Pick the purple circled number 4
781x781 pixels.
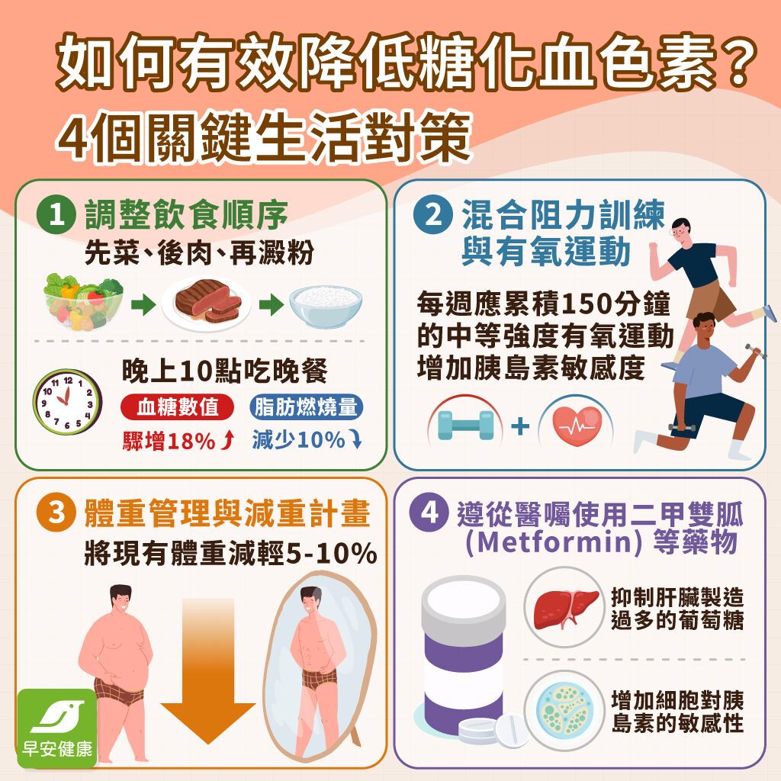(429, 513)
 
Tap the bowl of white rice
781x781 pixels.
(326, 304)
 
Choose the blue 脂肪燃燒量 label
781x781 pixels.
(306, 408)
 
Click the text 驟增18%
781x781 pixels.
(169, 441)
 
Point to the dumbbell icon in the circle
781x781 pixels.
(465, 426)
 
